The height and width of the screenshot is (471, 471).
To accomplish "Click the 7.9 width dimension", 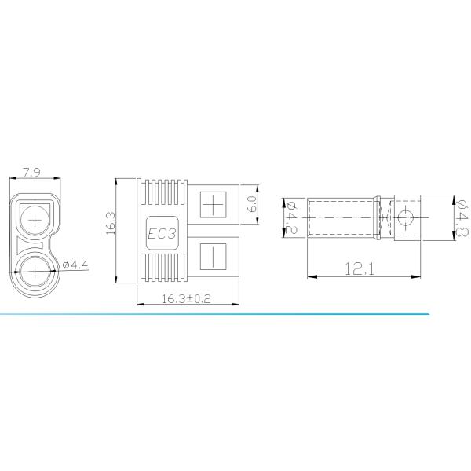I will click(32, 172).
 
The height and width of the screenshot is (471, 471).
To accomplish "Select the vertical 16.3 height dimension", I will click(110, 223).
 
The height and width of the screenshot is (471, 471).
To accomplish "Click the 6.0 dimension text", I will click(252, 204).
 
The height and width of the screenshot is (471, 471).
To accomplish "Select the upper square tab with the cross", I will click(214, 206).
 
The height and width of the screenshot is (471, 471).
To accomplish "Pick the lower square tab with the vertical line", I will click(214, 257).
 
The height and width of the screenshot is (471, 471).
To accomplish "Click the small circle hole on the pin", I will click(407, 217).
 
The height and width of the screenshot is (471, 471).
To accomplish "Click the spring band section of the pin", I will click(385, 217).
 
